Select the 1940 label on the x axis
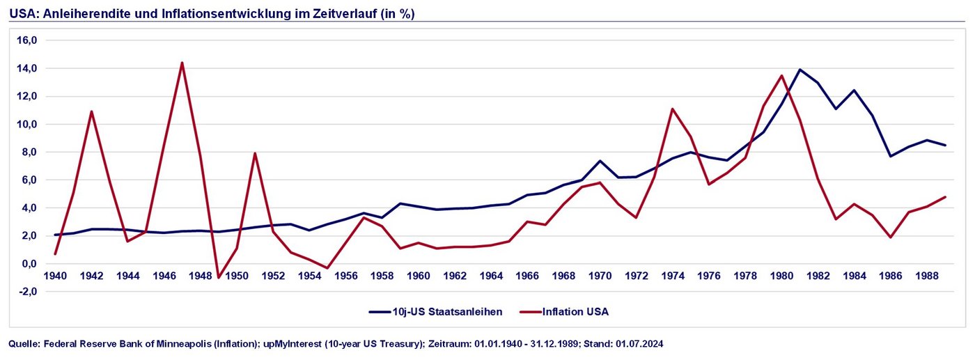point(55,276)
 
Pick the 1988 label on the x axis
point(928,276)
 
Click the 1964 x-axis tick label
point(491,276)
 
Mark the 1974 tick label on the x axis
point(673,276)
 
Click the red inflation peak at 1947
point(182,63)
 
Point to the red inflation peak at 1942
point(91,111)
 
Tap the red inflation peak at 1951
point(255,153)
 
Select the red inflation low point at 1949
point(219,277)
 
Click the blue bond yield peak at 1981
point(800,70)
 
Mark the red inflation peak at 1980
point(782,75)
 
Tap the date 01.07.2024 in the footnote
point(640,344)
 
